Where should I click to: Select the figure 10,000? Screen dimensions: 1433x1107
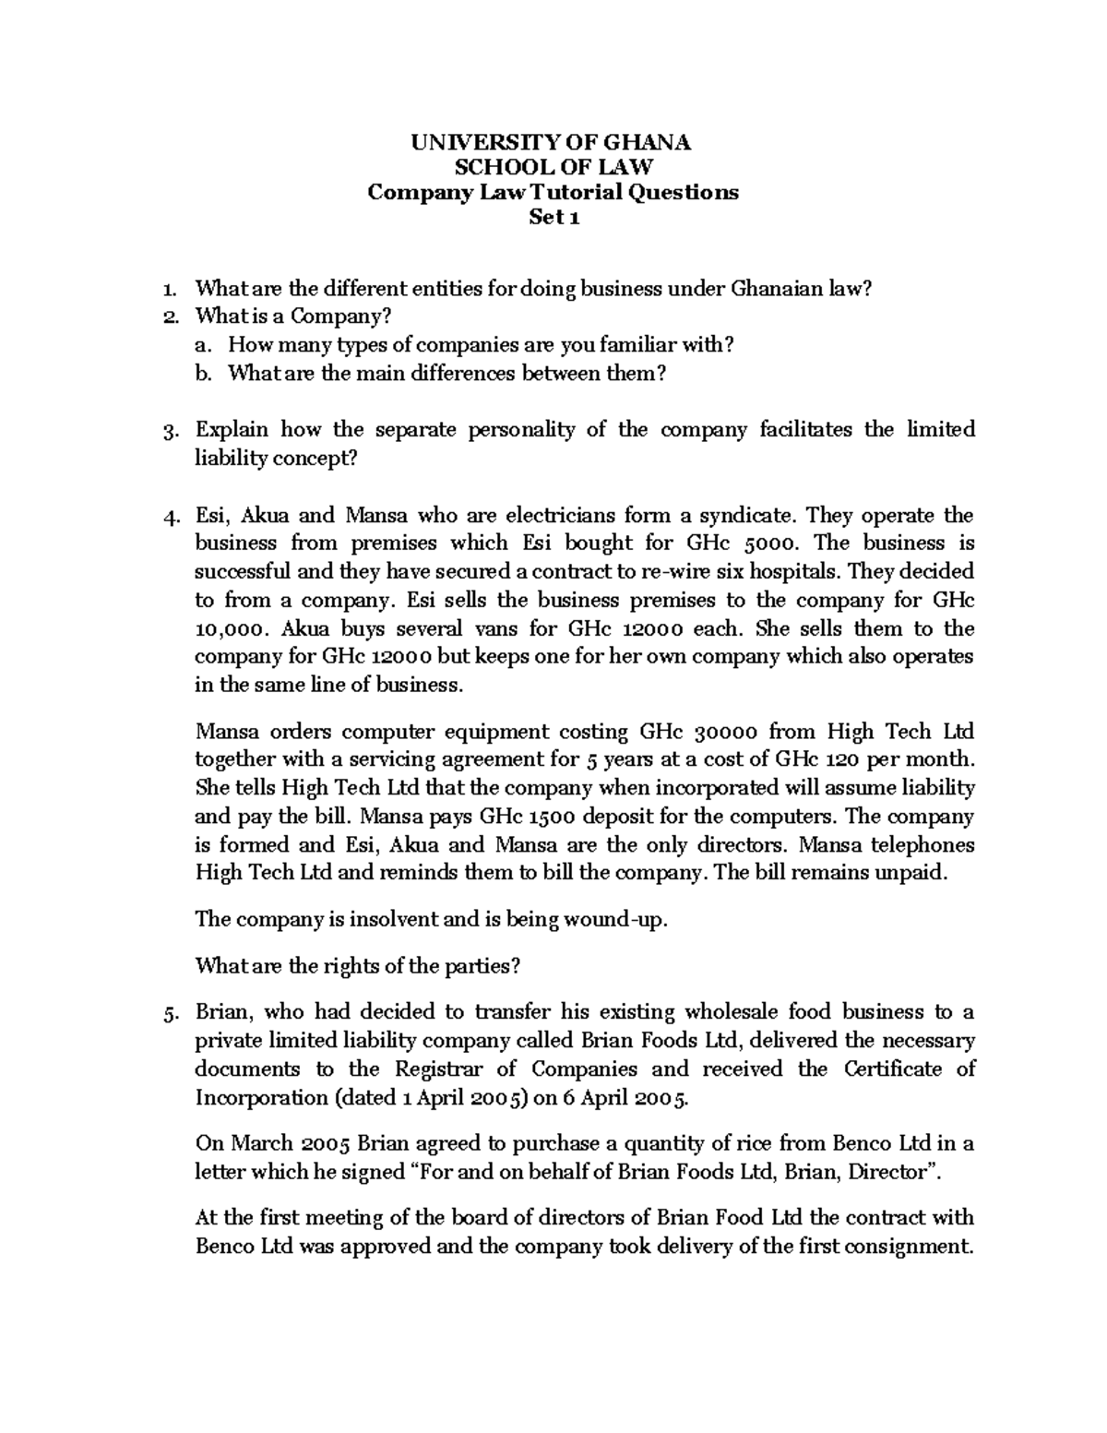coord(233,629)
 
